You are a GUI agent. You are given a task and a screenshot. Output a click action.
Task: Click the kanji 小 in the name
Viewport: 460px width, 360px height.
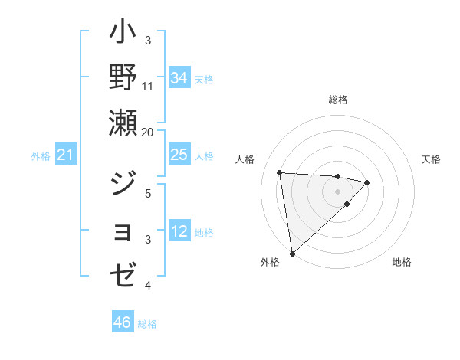click(x=123, y=34)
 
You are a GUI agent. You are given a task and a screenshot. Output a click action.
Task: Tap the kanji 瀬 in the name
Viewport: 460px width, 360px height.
click(x=123, y=122)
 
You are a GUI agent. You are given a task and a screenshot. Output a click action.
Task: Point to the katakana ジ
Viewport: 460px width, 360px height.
click(x=123, y=183)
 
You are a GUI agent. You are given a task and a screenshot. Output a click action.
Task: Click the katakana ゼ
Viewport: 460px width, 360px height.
click(x=123, y=274)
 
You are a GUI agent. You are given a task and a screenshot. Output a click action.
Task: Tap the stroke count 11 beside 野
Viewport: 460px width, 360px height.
click(x=148, y=86)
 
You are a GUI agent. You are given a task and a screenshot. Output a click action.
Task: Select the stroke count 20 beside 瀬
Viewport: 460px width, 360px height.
click(x=148, y=132)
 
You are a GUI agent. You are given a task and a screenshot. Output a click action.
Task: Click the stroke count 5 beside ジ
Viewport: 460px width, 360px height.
click(x=148, y=193)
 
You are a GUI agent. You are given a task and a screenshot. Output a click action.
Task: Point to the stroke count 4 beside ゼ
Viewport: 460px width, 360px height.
click(x=148, y=285)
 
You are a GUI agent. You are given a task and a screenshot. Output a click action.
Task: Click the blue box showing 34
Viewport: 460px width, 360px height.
click(x=179, y=77)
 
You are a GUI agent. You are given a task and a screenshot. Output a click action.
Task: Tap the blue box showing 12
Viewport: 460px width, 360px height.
click(x=179, y=232)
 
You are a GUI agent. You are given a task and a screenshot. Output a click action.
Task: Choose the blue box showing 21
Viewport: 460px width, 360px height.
click(x=66, y=156)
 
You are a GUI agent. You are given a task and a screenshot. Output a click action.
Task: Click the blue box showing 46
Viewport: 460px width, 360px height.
click(x=123, y=323)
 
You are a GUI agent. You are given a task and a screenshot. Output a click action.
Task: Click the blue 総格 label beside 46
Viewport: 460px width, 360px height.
click(x=147, y=324)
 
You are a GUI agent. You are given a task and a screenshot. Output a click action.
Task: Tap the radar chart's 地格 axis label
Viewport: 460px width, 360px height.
click(x=402, y=262)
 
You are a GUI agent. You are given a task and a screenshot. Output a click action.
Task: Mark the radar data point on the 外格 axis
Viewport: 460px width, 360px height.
click(x=292, y=253)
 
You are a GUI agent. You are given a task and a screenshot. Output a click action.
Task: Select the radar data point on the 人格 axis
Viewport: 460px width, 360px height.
click(x=280, y=172)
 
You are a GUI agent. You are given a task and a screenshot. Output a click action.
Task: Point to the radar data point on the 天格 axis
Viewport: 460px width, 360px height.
click(x=367, y=182)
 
